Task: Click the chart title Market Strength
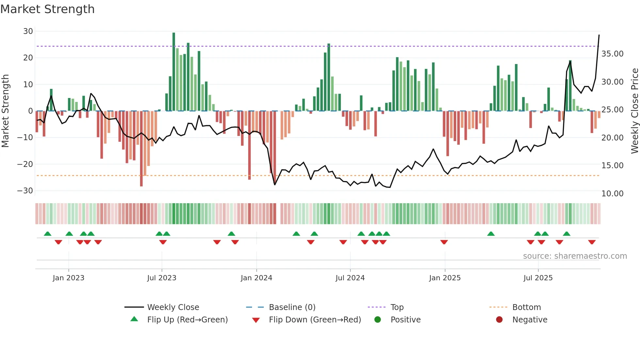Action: coord(47,9)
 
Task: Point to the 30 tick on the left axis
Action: coord(28,31)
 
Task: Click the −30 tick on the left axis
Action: coord(25,191)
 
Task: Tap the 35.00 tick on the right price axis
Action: coord(612,54)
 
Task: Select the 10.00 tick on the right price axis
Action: coord(612,194)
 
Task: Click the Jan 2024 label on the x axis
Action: coord(256,278)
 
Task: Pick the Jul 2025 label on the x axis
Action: coord(538,278)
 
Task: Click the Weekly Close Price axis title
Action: coord(634,111)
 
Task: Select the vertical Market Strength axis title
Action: coord(5,111)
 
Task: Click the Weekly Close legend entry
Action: coord(173,307)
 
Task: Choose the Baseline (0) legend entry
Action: coord(292,307)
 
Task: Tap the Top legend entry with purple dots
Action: coord(397,307)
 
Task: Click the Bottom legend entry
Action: coord(526,307)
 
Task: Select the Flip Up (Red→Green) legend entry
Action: coord(187,320)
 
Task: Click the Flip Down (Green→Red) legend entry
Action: coord(315,320)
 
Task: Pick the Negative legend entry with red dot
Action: coord(530,320)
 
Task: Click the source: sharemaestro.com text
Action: coord(575,256)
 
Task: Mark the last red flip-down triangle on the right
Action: coord(592,242)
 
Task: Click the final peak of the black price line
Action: coord(599,35)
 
